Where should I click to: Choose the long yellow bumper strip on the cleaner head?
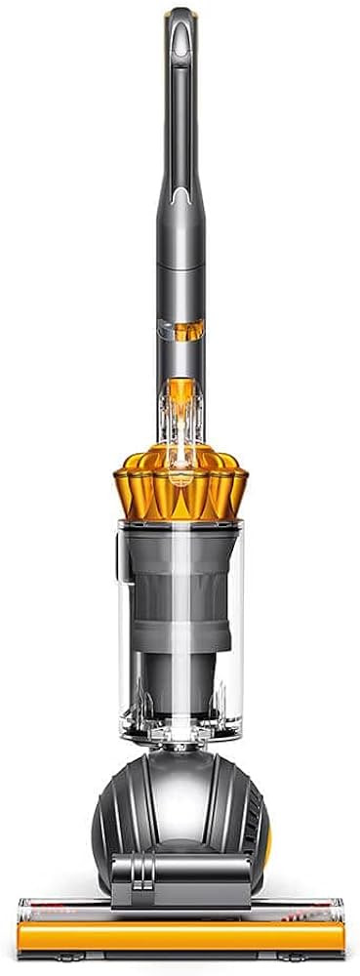[180, 939]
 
